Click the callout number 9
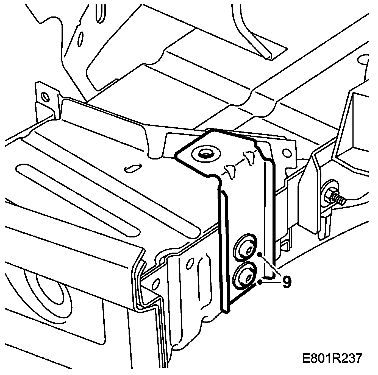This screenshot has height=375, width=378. (286, 282)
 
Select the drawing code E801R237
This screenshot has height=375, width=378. (332, 359)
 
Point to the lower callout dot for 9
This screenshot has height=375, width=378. (260, 281)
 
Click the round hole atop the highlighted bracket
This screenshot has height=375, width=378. (205, 154)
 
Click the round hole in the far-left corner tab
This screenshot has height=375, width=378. (44, 97)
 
